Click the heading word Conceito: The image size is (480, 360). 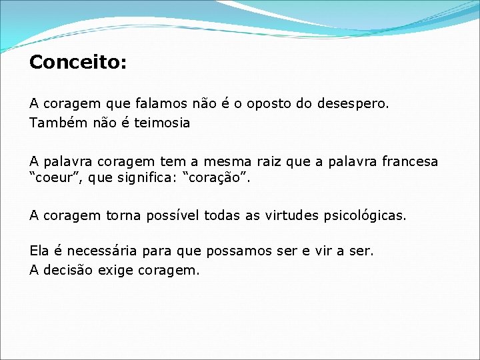pyautogui.click(x=78, y=63)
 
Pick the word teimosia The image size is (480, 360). pyautogui.click(x=162, y=123)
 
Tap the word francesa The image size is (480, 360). pyautogui.click(x=410, y=161)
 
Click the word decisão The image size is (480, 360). pyautogui.click(x=68, y=270)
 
